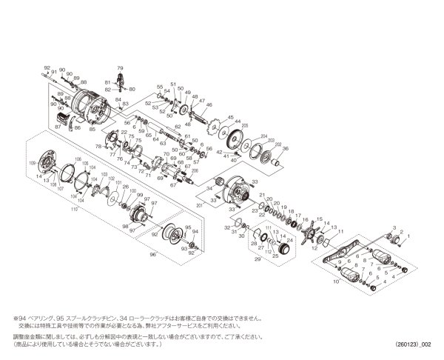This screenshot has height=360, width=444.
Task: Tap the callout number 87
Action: coord(57,127)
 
